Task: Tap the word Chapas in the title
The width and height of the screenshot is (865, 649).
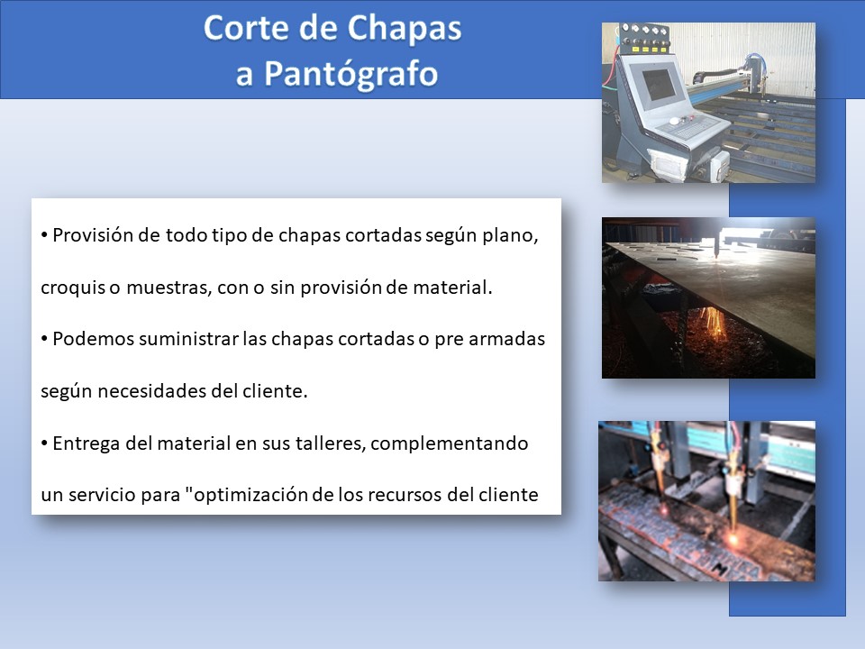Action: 404,29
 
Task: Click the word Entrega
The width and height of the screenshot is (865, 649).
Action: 86,443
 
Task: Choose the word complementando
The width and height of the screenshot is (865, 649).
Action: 450,443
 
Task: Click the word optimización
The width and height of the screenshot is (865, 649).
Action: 251,495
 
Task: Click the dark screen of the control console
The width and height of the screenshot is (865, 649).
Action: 660,86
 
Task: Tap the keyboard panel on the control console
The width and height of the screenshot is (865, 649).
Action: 692,129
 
